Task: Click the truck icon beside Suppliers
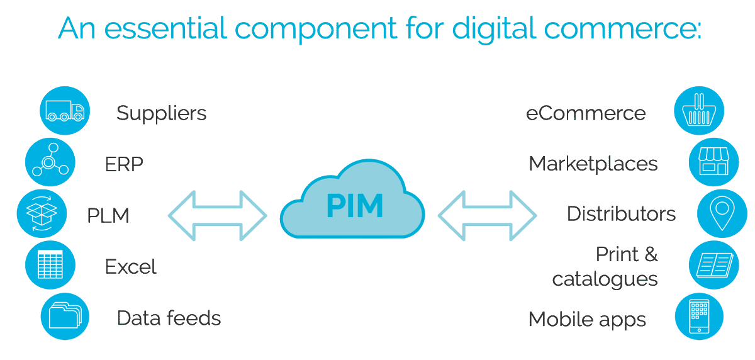point(65,112)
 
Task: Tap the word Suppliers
point(161,113)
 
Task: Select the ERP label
point(124,165)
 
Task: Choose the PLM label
point(108,216)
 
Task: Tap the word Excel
point(130,267)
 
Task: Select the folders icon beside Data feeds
point(65,315)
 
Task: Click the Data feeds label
point(169,318)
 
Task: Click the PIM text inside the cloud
point(354,206)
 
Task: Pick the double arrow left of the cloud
point(217,215)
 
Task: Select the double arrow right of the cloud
point(488,215)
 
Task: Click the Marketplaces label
point(593,164)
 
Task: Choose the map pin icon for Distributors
point(722,214)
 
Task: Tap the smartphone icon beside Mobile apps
point(698,316)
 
